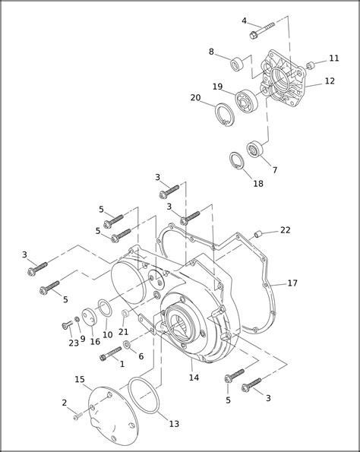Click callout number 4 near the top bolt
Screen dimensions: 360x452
point(244,21)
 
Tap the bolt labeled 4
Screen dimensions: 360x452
point(262,31)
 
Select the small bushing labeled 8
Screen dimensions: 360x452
point(237,64)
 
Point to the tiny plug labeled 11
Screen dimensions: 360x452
point(310,65)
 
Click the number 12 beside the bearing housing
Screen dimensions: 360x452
point(330,81)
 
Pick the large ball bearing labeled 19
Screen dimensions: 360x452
point(246,101)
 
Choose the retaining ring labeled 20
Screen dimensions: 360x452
point(225,115)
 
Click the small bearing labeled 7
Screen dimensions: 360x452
point(255,149)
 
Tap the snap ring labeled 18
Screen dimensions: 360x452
point(237,161)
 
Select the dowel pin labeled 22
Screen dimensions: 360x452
point(257,234)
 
